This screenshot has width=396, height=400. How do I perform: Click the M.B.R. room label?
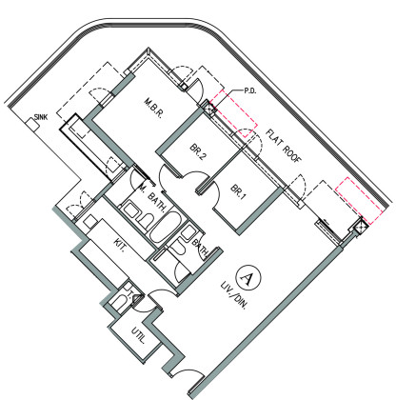153,109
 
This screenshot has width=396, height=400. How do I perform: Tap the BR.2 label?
198,152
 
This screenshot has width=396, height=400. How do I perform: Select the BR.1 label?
238,191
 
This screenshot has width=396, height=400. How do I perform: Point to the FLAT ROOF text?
283,146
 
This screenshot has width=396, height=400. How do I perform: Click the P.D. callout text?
250,91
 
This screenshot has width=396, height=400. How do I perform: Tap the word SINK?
41,117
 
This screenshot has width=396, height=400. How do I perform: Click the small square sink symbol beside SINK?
32,125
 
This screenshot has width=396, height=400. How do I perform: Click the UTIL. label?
138,336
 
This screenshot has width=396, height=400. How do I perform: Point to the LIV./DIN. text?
233,295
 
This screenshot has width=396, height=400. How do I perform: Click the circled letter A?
248,278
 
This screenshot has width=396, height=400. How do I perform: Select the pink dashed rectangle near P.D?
234,113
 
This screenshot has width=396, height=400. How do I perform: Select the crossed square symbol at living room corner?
361,227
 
